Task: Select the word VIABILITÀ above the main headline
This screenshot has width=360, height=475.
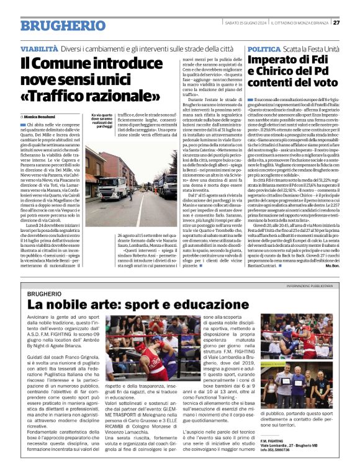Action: (38, 48)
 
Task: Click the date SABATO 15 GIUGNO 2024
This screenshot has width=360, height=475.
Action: (246, 23)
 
